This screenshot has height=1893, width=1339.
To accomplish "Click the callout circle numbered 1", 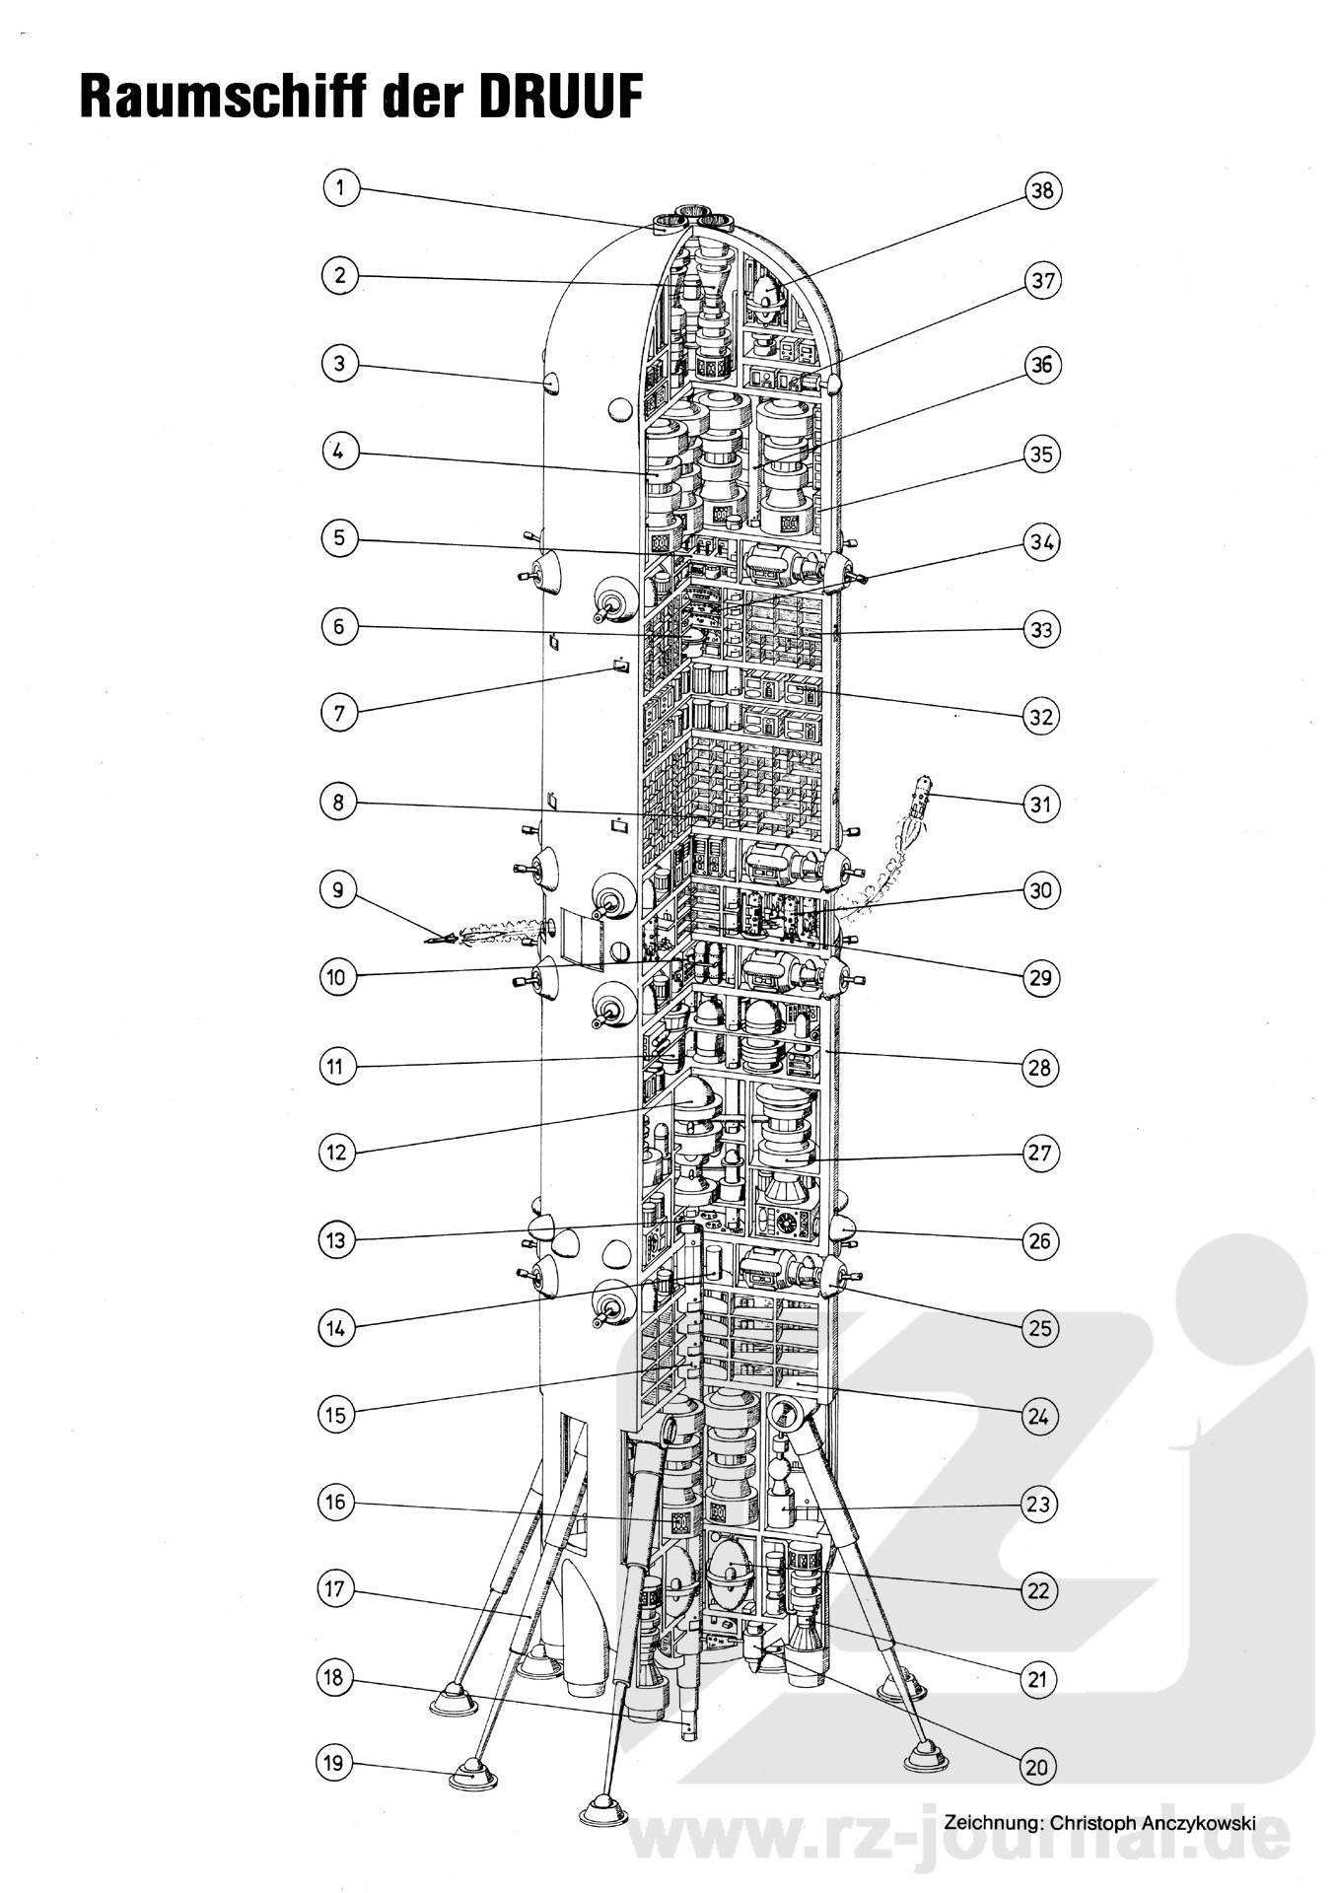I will click(x=340, y=188).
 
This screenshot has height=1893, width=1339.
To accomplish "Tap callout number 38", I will click(x=1042, y=190).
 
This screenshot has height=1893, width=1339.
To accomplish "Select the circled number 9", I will click(x=338, y=889).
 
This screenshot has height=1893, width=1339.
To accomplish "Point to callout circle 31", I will click(x=1040, y=804).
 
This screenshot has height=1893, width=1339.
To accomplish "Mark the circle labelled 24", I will click(x=1039, y=1417).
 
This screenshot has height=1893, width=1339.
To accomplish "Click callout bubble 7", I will click(x=339, y=712).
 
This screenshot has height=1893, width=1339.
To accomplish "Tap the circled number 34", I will click(x=1041, y=542).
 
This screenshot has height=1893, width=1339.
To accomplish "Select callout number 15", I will click(x=336, y=1415).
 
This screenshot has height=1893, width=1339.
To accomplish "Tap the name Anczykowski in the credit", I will click(x=1196, y=1823).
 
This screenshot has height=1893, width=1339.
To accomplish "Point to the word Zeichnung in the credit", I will click(x=992, y=1823).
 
